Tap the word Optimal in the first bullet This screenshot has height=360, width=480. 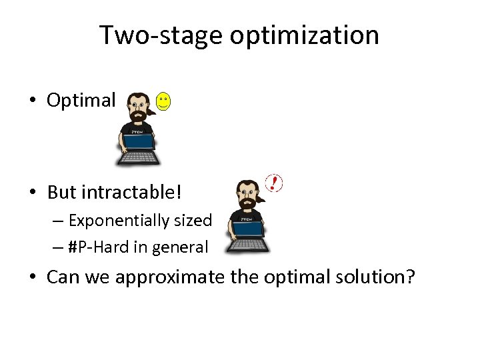(81, 101)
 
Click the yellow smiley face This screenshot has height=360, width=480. (163, 102)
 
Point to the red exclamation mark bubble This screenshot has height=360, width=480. (273, 183)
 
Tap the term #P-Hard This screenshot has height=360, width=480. (95, 247)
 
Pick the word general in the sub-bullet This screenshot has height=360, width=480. (180, 247)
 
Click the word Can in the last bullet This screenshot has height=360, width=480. (62, 277)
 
